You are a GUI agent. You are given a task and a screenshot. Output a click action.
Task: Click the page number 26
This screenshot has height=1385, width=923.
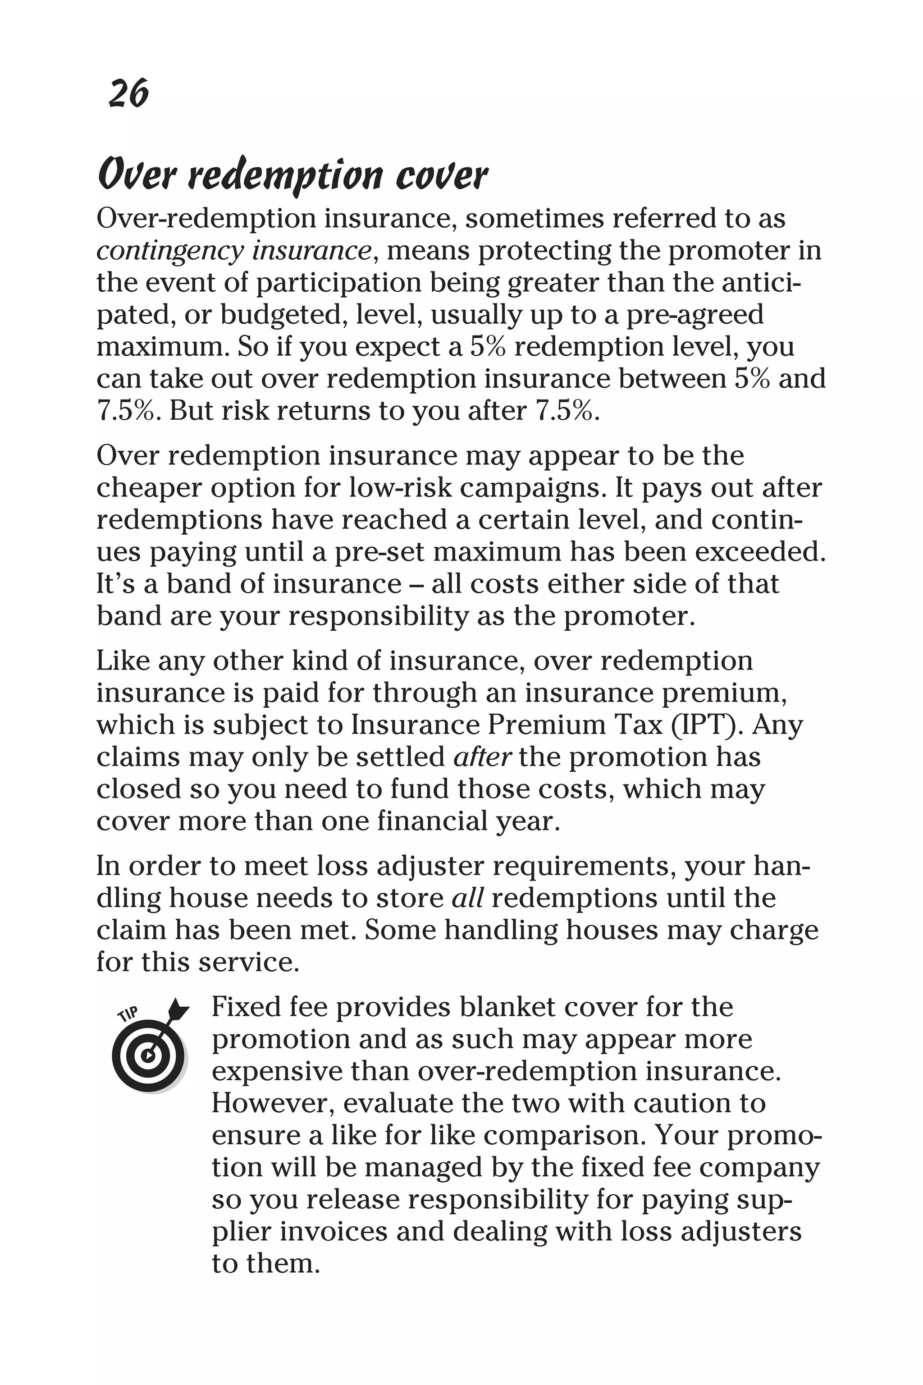click(129, 94)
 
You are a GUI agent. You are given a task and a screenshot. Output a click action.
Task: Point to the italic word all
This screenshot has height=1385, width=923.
click(467, 898)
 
